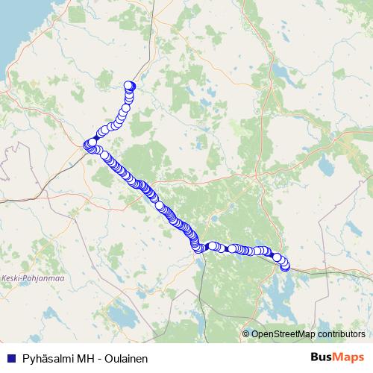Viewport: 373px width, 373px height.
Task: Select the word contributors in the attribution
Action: tap(341, 333)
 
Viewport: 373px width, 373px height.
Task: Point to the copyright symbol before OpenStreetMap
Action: tap(246, 333)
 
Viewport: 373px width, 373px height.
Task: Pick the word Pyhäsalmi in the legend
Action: tap(47, 357)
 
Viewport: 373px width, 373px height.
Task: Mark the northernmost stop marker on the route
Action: tap(129, 85)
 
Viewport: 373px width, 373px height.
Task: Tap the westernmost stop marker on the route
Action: tap(86, 145)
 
